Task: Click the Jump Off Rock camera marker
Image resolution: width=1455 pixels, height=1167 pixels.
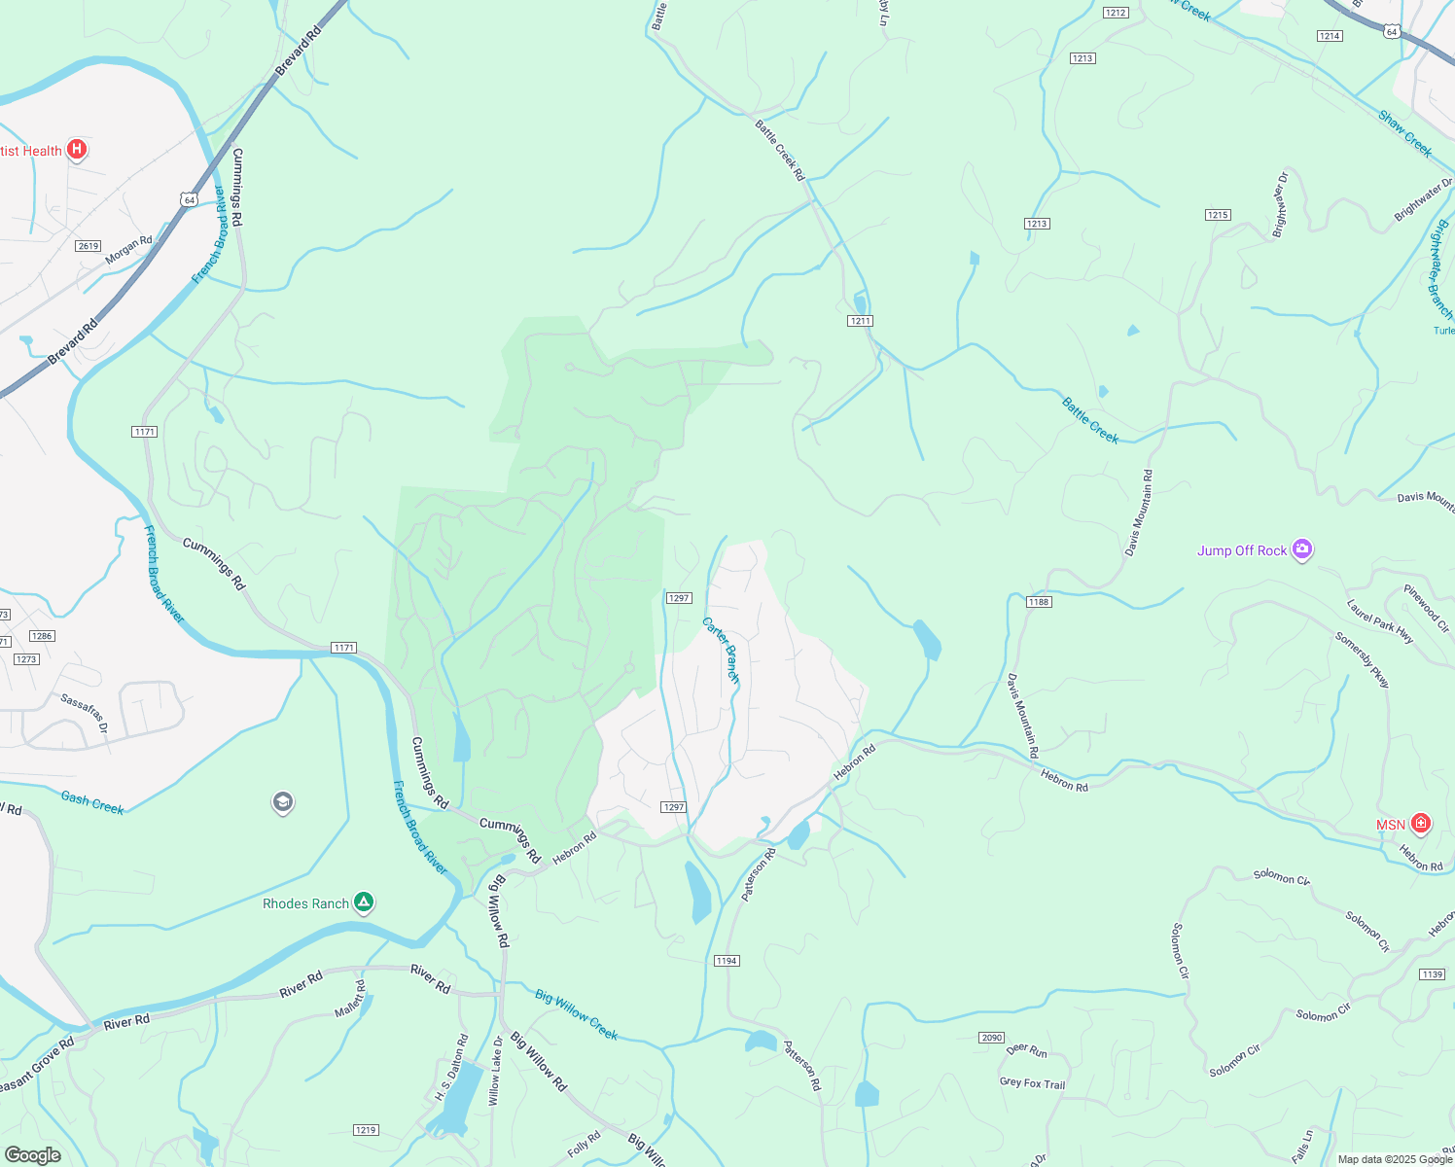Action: (1302, 550)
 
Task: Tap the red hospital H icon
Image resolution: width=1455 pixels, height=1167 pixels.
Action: (77, 151)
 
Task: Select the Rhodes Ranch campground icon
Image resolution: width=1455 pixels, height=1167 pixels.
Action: (363, 903)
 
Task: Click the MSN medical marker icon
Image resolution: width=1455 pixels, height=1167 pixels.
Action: (1421, 825)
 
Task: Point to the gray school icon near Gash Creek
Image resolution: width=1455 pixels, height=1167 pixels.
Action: (283, 803)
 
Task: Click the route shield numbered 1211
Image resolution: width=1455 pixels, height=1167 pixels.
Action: (860, 321)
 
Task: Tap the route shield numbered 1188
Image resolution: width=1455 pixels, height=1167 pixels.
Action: (1039, 602)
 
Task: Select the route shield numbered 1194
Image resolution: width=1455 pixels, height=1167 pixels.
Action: (727, 961)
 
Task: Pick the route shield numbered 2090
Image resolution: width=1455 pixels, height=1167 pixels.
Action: (991, 1038)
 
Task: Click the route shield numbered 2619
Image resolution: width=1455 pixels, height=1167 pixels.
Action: (89, 246)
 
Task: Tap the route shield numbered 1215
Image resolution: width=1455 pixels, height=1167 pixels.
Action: (1218, 215)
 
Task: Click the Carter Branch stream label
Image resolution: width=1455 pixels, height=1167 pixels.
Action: (722, 649)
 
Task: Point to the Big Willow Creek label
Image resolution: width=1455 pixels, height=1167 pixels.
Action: (577, 1014)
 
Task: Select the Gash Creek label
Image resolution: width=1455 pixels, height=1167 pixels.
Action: (92, 802)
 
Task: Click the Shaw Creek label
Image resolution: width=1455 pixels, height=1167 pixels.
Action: (1405, 133)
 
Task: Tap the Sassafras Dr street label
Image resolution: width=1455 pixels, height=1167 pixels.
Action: (84, 713)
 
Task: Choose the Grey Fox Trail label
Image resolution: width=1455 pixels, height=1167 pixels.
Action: (1032, 1083)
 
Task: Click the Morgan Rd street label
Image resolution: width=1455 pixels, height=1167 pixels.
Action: (129, 250)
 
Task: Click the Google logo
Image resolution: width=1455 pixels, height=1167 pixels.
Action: (32, 1155)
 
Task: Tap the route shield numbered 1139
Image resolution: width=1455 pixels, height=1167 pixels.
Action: (1432, 974)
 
